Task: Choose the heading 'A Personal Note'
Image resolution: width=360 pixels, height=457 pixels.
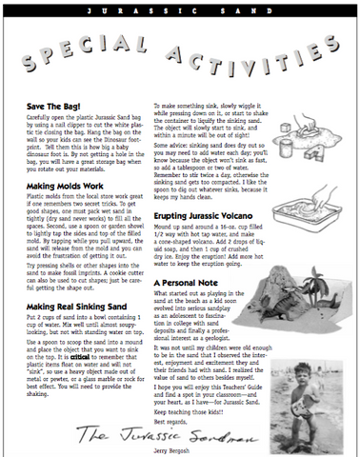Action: pyautogui.click(x=185, y=284)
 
